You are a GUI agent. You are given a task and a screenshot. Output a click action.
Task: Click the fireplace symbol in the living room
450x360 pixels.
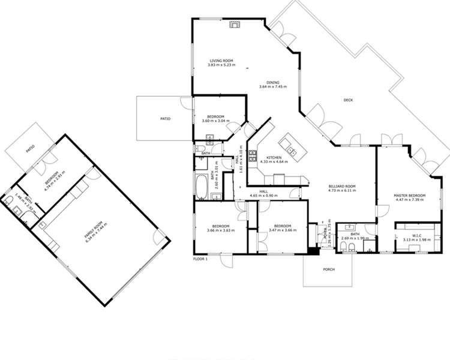click(x=234, y=25)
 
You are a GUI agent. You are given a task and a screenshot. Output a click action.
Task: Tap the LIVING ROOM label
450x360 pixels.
click(x=221, y=61)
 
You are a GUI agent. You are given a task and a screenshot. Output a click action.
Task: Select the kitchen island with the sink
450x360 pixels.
click(x=291, y=145)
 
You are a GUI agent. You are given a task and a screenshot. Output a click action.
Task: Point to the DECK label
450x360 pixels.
click(x=348, y=101)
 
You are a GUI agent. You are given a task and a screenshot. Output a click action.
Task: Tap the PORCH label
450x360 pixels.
click(x=328, y=269)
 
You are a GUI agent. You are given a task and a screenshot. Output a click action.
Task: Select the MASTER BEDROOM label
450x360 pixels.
click(x=409, y=196)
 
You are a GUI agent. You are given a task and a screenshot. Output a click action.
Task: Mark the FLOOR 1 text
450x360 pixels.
click(x=200, y=259)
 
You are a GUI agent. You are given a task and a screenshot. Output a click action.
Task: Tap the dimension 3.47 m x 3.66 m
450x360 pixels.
click(x=281, y=230)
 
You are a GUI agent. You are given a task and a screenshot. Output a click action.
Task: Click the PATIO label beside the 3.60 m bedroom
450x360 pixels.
click(x=165, y=119)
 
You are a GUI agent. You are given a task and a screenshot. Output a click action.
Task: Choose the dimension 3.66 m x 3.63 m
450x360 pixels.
click(x=220, y=230)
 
